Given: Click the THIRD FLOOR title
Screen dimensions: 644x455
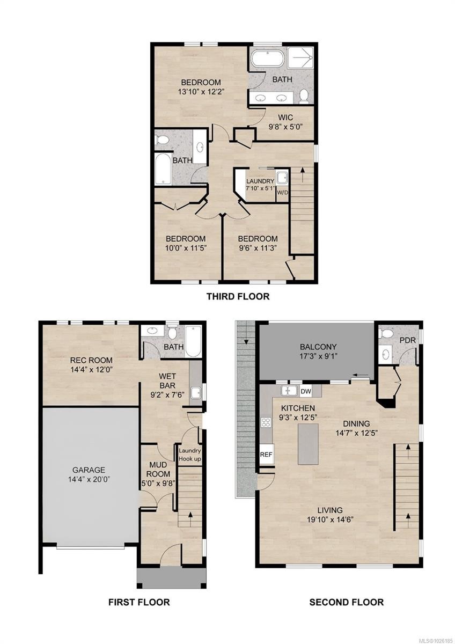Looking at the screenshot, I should pos(238,296).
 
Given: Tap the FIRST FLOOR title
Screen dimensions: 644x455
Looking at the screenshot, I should pos(139,602).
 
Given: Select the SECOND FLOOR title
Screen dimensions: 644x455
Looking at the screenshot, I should pos(346,602).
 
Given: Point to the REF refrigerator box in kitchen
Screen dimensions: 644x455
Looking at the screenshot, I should pos(266,454).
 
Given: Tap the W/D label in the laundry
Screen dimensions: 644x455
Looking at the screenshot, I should pos(282,193).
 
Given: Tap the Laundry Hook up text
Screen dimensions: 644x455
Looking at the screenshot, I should pos(190,455).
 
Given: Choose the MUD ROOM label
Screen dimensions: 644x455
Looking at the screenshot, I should pos(158,470).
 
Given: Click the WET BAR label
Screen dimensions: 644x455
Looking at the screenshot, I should pos(171,379).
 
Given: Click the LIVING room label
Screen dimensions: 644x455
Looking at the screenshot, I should pos(329,510).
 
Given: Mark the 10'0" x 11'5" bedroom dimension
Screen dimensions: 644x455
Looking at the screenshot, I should pos(186,248).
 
